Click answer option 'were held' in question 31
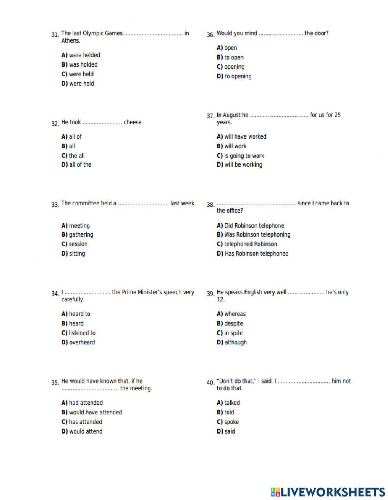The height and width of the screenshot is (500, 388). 81,74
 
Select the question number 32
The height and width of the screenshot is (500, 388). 55,124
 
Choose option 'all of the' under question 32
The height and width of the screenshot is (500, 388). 80,165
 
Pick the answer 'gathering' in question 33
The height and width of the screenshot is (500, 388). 81,235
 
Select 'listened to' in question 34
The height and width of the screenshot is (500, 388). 82,333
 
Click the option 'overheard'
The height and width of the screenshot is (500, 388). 82,342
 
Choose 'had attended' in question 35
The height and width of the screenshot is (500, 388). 86,403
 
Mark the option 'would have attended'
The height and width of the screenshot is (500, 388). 95,412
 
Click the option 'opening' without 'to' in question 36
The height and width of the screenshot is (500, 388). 234,67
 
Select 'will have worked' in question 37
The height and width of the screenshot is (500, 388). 245,137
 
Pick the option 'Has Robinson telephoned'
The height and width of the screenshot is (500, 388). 256,254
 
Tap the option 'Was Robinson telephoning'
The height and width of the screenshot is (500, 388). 257,235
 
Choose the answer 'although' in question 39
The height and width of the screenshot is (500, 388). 235,342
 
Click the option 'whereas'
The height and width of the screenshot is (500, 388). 235,314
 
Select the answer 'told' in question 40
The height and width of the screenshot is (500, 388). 229,412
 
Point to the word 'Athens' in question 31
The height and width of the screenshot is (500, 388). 70,41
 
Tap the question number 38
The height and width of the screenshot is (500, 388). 210,205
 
